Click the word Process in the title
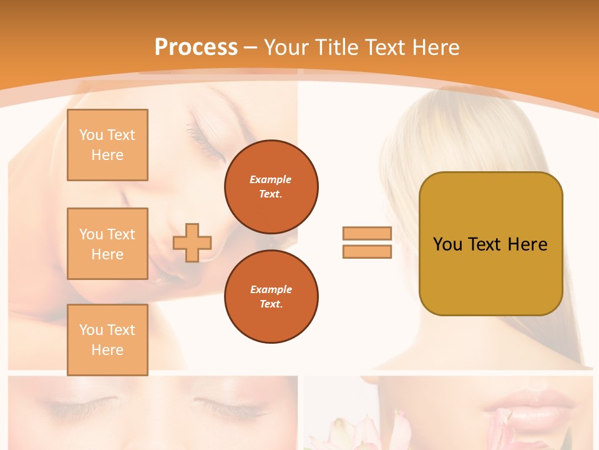(x=196, y=47)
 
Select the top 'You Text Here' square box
(x=107, y=145)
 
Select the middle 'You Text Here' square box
(x=107, y=244)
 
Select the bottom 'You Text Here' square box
(x=107, y=340)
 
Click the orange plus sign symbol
(x=192, y=242)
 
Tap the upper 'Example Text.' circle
(x=271, y=187)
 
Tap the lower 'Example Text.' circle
(x=271, y=297)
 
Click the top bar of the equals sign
(x=367, y=234)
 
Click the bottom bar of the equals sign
(x=367, y=251)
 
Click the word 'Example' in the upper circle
(x=271, y=179)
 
